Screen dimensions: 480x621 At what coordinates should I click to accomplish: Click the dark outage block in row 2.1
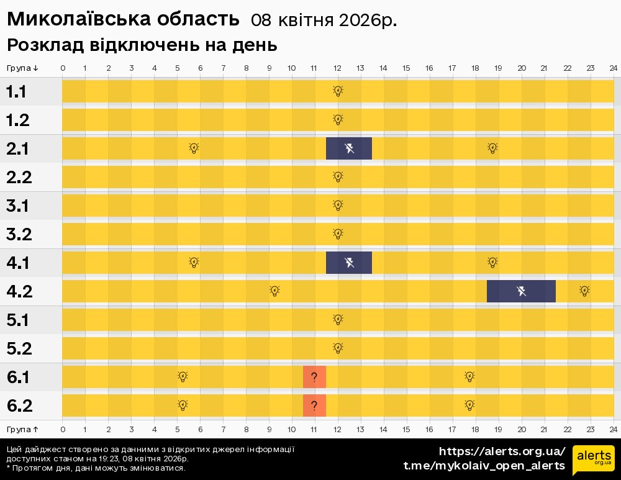(x=349, y=148)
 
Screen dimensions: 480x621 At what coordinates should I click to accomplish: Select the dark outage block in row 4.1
(x=349, y=263)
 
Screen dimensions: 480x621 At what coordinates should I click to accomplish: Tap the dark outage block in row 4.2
(x=521, y=291)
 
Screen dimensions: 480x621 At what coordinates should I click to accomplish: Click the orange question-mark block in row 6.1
(x=314, y=377)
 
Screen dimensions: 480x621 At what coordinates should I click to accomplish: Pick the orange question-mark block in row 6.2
(x=314, y=405)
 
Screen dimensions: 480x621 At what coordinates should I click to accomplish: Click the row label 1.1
(x=17, y=92)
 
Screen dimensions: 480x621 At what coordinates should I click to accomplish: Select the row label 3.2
(x=19, y=235)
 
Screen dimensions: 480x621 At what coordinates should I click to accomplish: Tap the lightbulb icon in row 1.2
(x=338, y=120)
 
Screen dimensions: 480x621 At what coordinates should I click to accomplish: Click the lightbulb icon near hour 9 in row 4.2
(x=274, y=291)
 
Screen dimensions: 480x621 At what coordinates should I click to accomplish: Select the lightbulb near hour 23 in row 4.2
(x=584, y=291)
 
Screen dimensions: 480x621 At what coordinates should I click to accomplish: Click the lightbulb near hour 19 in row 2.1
(x=492, y=148)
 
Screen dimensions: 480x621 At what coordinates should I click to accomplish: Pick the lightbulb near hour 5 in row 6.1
(x=183, y=376)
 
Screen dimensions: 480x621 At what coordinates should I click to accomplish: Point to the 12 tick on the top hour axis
(x=337, y=68)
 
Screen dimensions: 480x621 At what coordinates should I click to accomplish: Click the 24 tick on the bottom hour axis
(x=613, y=429)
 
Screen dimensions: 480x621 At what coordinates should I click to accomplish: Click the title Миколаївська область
(x=123, y=19)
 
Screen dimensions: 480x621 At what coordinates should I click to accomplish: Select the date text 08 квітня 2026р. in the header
(x=324, y=20)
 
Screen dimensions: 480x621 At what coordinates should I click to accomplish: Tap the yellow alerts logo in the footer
(x=593, y=459)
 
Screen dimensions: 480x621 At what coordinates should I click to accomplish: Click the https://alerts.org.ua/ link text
(x=502, y=451)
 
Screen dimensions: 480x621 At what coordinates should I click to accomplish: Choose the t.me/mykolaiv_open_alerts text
(x=484, y=466)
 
